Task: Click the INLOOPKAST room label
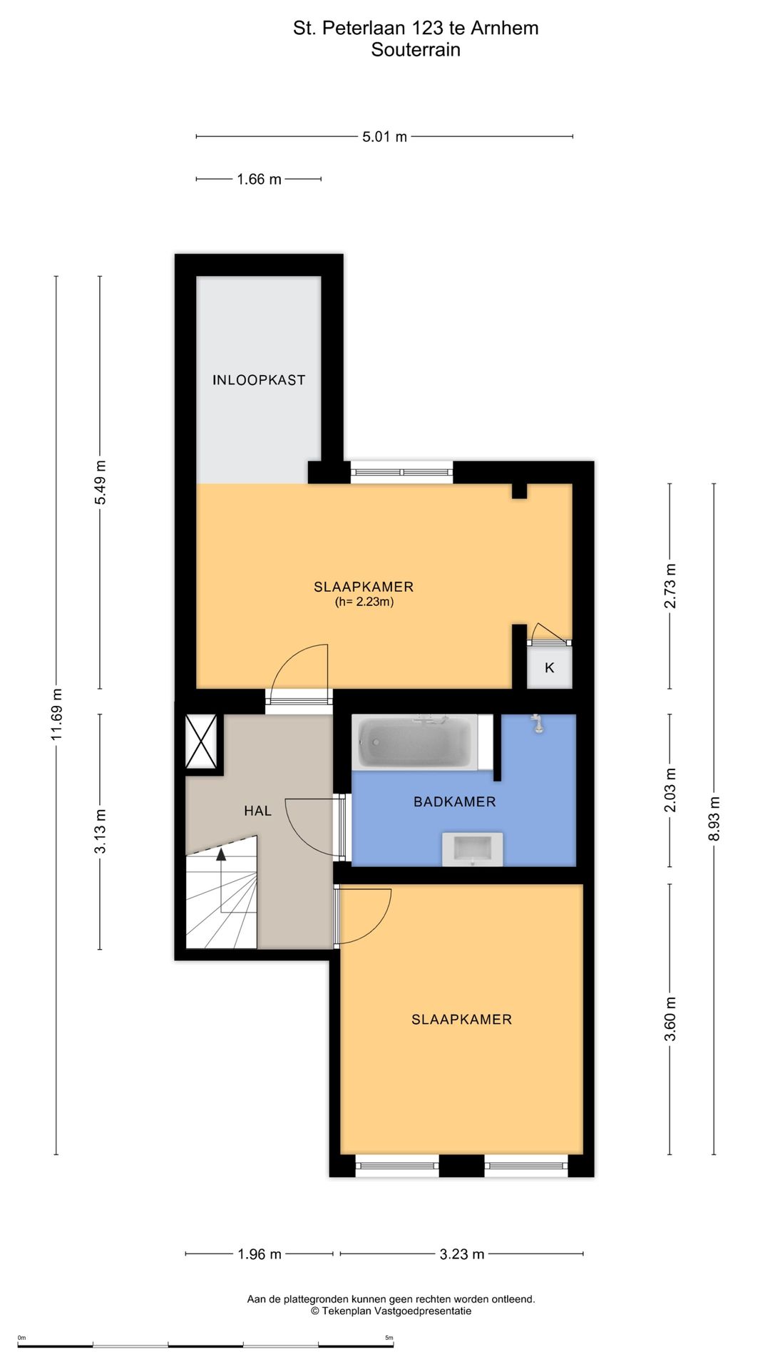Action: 259,380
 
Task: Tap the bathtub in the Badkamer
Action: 415,742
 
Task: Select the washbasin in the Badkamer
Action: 472,849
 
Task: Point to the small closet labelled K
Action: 550,667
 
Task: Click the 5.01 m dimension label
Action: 384,137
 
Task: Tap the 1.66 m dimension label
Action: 259,180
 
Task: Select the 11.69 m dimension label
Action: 57,714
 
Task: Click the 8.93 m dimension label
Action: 714,819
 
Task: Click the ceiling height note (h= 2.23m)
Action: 364,602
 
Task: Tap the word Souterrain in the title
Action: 416,50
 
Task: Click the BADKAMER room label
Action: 455,801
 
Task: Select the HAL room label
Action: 257,811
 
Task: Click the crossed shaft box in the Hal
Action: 201,742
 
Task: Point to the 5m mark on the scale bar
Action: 389,1338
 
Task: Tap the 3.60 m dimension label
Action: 670,1019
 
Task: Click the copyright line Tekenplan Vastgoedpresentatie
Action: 391,1311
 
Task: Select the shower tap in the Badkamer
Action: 538,724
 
